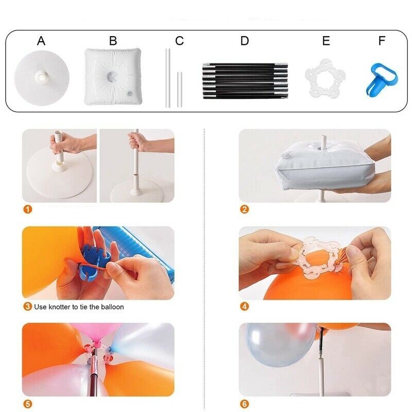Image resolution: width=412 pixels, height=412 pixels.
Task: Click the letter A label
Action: [41, 41]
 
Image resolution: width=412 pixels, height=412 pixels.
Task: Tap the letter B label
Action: [113, 41]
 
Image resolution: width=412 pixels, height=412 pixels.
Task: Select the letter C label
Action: [179, 41]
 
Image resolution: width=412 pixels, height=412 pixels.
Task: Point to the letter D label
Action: [244, 41]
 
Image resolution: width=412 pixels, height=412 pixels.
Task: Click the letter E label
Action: [326, 41]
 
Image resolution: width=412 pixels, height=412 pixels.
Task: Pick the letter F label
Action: [382, 41]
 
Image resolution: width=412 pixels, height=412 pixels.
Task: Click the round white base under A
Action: [42, 78]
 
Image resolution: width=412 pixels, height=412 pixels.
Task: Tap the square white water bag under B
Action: [113, 76]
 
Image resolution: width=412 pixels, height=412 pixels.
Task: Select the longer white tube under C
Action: [168, 78]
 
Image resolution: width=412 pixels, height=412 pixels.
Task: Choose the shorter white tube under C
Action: [179, 89]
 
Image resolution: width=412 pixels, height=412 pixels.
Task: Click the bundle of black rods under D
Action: [245, 81]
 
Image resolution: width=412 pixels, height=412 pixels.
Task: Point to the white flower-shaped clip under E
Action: [325, 78]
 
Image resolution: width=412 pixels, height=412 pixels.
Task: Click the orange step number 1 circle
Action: [28, 210]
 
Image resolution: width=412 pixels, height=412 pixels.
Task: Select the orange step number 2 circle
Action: [244, 210]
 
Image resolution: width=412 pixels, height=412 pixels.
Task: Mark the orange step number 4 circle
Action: [244, 306]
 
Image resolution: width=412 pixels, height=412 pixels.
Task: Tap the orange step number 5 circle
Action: [28, 404]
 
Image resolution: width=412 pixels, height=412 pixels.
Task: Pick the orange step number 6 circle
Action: [244, 404]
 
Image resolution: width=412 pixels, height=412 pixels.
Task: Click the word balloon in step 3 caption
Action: [112, 307]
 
